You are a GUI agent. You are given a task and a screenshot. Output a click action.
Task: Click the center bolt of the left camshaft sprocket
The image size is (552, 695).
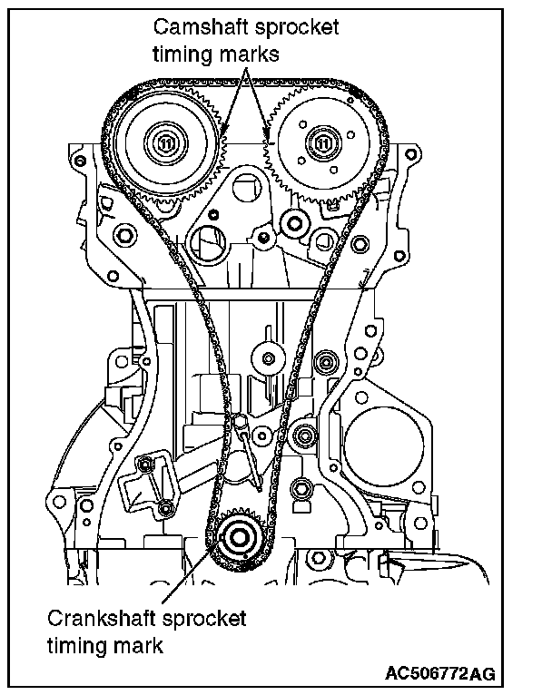click(x=165, y=142)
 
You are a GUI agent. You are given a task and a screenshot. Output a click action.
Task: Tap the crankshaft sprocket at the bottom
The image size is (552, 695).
click(x=241, y=537)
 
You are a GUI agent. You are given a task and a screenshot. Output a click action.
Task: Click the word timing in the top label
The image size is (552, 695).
click(x=181, y=54)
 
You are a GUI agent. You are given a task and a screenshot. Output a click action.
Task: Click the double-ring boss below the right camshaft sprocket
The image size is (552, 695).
click(x=292, y=220)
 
